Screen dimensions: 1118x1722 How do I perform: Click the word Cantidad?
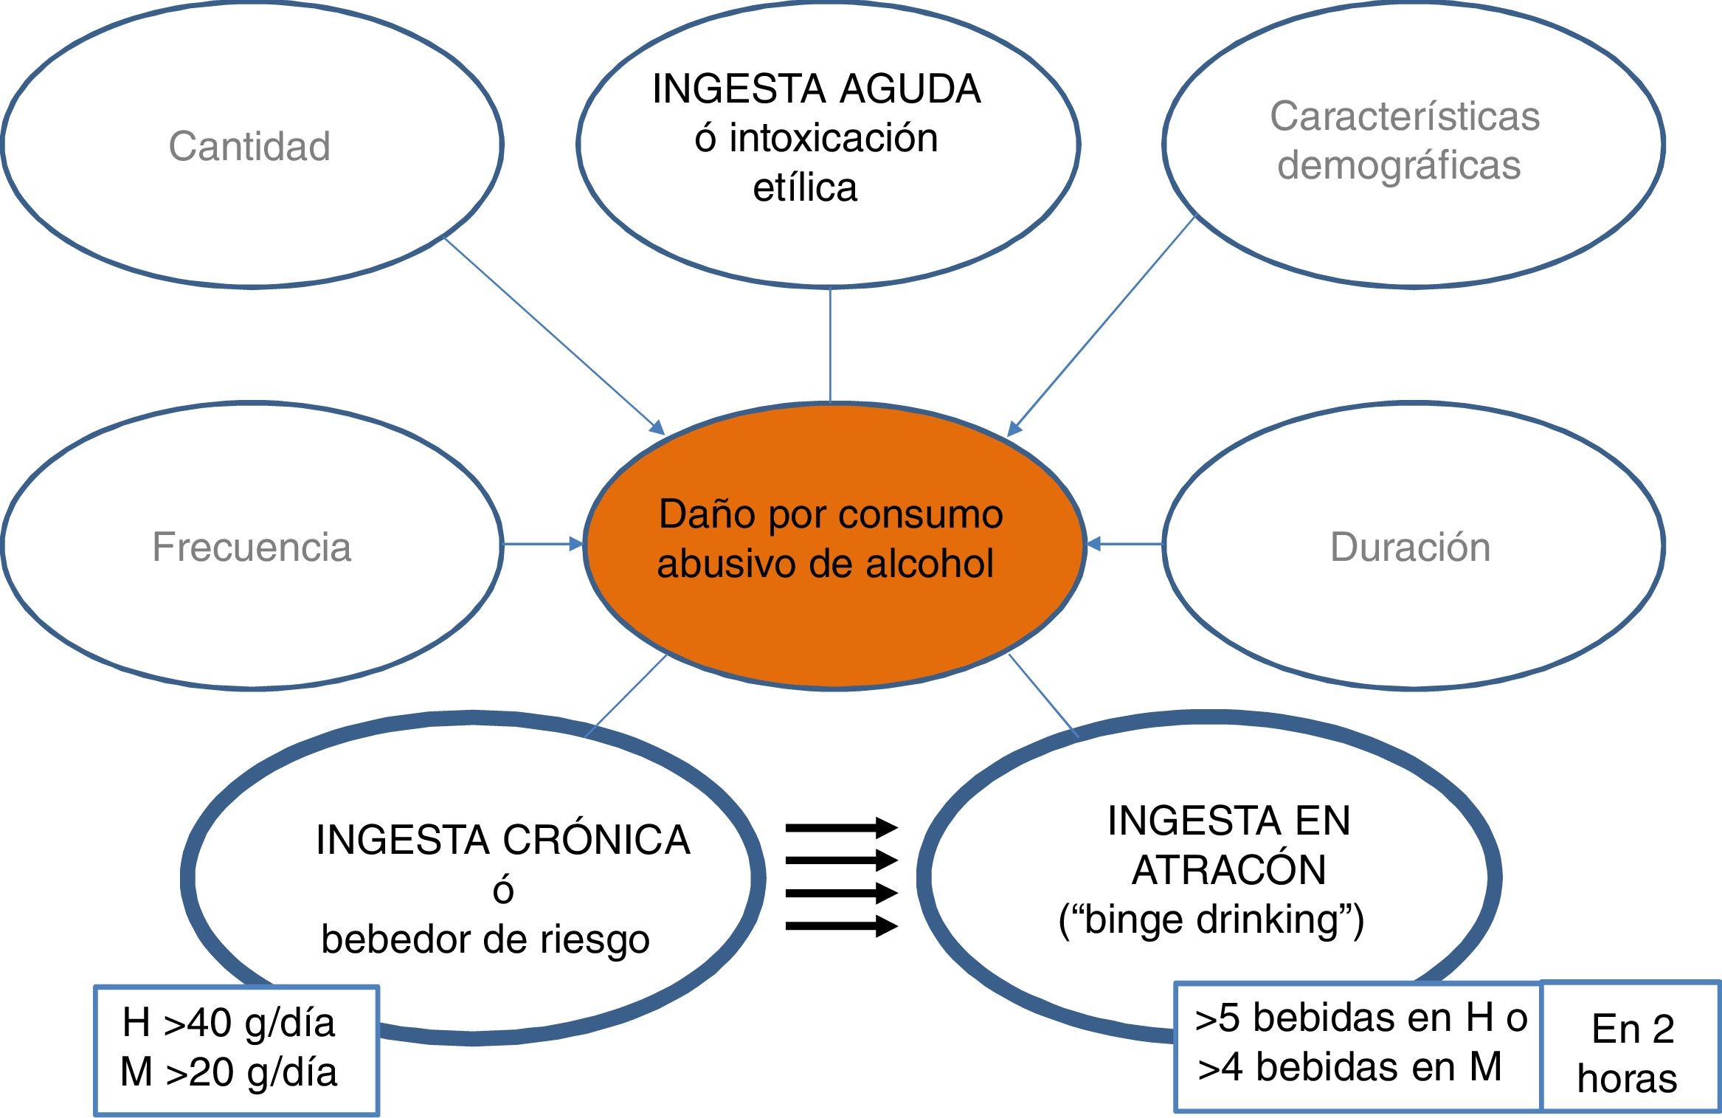pos(249,146)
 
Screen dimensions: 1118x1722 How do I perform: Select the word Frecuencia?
pos(252,547)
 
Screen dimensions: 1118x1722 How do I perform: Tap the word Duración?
pos(1410,547)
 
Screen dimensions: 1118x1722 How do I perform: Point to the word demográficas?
pos(1399,165)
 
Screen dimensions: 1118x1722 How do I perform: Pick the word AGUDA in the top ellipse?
pos(910,89)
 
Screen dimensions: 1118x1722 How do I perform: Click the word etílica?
pos(805,187)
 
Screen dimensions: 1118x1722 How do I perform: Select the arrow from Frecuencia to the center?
pos(542,545)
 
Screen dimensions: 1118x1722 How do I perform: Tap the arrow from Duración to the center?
pos(1124,545)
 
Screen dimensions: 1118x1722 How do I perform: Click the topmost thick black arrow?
pos(841,828)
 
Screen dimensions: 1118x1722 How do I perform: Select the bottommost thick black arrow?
pos(841,925)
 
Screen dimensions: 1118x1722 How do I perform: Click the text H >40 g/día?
pos(229,1023)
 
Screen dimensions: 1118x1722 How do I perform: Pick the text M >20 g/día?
pos(229,1072)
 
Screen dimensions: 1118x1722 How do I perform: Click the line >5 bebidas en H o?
pos(1360,1018)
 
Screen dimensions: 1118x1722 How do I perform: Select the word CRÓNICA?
pos(596,840)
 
